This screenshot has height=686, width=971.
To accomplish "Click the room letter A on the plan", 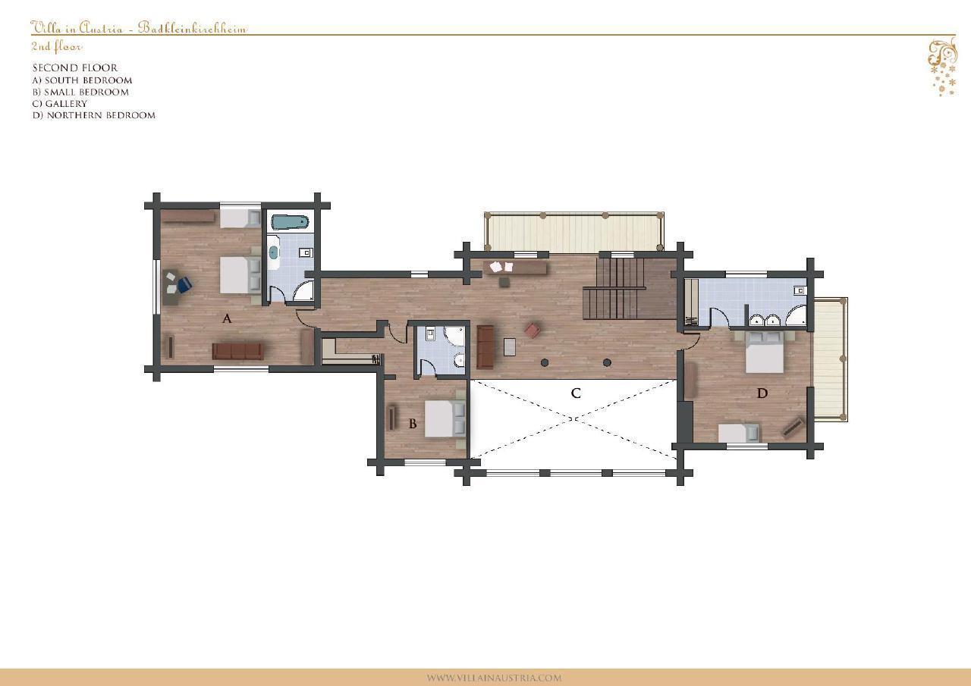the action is click(227, 319).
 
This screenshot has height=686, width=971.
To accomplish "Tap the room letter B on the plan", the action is click(413, 424).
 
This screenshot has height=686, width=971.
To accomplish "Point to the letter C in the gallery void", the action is click(576, 393).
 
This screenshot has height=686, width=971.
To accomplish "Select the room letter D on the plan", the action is click(762, 393).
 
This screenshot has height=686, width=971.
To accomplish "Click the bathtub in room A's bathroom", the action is click(290, 223).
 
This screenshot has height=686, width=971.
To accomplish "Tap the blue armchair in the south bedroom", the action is click(184, 284).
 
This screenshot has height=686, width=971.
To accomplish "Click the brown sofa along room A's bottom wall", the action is click(237, 351).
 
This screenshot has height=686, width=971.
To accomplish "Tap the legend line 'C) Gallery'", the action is click(60, 104).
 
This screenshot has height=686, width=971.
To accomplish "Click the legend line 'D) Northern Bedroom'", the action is click(94, 115).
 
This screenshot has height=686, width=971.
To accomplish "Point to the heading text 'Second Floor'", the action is click(75, 68).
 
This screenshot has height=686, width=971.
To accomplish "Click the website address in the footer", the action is click(494, 678).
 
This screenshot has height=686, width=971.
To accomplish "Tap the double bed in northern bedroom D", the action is click(764, 352).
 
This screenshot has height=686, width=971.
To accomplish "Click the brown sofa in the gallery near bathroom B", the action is click(485, 347).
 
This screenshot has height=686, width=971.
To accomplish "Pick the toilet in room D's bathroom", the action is click(799, 290).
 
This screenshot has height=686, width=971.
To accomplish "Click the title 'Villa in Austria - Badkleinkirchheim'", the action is click(139, 28).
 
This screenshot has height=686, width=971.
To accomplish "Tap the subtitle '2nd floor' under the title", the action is click(56, 46).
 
